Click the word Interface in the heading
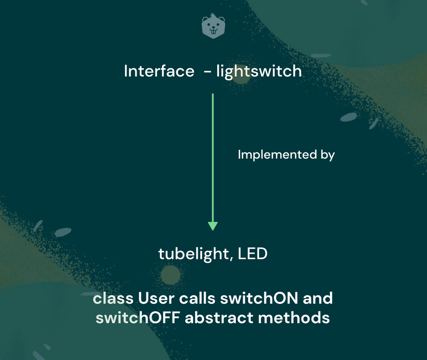click(159, 71)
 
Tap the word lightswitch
click(259, 72)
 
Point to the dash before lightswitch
click(208, 72)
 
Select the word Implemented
click(277, 154)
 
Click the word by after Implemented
click(328, 155)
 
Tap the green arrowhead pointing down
click(213, 226)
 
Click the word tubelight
click(194, 254)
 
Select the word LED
click(252, 253)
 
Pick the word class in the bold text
click(113, 298)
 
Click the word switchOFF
click(137, 317)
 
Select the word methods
click(294, 317)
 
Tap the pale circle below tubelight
click(170, 275)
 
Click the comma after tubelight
click(232, 259)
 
